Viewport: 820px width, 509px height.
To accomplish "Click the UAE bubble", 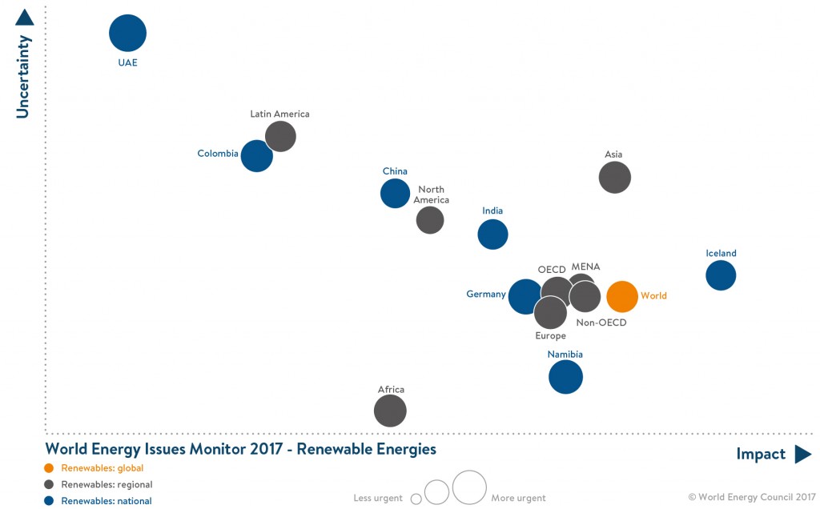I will (x=128, y=34).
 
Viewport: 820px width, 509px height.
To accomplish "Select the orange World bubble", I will (x=622, y=296).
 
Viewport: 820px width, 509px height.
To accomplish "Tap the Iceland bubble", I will (x=721, y=275).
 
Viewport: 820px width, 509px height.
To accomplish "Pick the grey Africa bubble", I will (x=390, y=411).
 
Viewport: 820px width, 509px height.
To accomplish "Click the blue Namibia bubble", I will (x=565, y=377).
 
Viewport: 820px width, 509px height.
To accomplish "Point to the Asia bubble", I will (x=615, y=177).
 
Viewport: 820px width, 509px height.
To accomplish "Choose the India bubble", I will (x=492, y=234).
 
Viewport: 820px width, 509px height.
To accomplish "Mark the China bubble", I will (x=395, y=193).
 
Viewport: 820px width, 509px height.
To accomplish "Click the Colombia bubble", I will (x=256, y=156).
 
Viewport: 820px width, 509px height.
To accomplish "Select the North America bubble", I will (x=430, y=219).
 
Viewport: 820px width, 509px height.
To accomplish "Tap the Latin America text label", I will (x=279, y=114).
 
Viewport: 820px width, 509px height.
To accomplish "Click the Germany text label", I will (x=486, y=295).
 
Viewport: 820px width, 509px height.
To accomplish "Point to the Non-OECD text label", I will (x=601, y=323).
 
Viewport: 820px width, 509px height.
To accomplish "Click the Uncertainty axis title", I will (x=23, y=77).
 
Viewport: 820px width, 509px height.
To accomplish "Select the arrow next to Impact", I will (x=802, y=455).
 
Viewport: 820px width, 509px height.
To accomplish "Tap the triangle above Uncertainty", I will (x=24, y=17).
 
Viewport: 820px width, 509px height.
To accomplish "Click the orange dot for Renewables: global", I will (x=50, y=468).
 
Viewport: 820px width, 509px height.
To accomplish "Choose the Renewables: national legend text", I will (x=107, y=501).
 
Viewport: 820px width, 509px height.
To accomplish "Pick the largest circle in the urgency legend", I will (x=469, y=487).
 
